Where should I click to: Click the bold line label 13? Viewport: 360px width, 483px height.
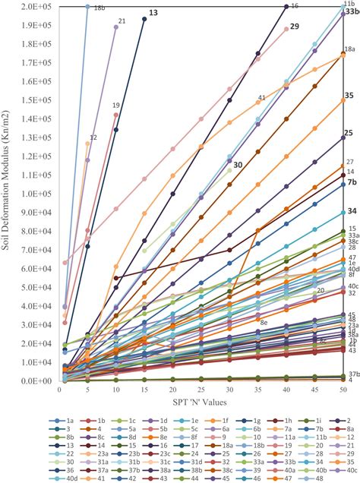(x=153, y=14)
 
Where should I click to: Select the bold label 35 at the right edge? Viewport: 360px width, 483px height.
(x=349, y=96)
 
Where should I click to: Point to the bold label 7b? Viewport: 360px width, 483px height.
(x=352, y=182)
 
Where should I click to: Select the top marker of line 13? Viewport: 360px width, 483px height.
(x=144, y=19)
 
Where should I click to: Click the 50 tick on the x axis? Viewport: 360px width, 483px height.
(x=343, y=390)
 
